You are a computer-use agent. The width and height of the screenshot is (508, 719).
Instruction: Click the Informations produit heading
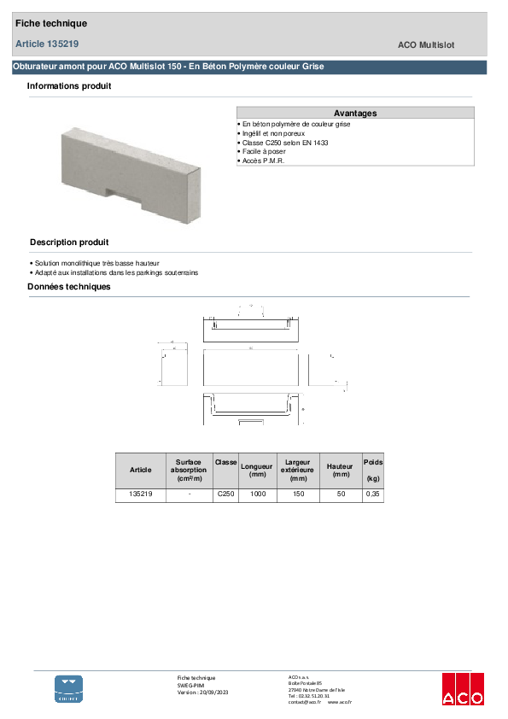point(68,86)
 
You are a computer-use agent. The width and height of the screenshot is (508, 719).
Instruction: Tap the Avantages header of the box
point(355,113)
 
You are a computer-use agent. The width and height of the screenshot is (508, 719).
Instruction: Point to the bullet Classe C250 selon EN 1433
point(284,143)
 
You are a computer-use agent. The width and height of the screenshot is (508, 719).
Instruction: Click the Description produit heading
point(69,243)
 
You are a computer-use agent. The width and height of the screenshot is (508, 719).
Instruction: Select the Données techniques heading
point(69,287)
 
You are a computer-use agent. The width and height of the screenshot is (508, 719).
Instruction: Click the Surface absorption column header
point(189,470)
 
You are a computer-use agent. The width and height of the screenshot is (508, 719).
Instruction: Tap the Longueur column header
point(257,470)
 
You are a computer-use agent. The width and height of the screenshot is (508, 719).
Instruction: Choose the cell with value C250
point(225,494)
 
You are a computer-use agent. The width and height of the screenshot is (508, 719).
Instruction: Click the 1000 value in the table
point(257,494)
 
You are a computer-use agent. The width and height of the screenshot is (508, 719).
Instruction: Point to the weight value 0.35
point(373,494)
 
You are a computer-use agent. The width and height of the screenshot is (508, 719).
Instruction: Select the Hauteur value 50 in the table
point(341,494)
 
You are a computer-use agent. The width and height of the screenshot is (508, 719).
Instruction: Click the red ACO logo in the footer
point(463,688)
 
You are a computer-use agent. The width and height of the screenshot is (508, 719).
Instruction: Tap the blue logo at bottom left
point(69,688)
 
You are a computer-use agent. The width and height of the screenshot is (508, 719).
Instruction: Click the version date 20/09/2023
point(214,693)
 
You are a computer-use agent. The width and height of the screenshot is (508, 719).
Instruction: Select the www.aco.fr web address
point(340,702)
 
